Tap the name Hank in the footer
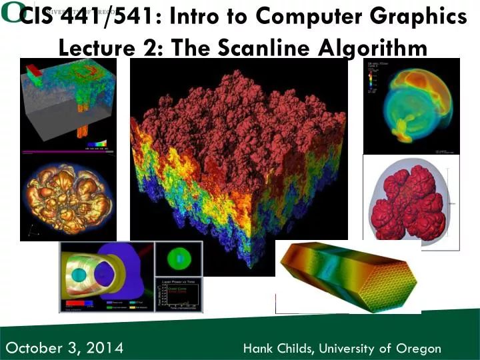257,348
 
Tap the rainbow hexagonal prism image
347,275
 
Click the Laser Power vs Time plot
178,295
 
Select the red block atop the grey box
31,69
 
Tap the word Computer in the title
305,18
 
